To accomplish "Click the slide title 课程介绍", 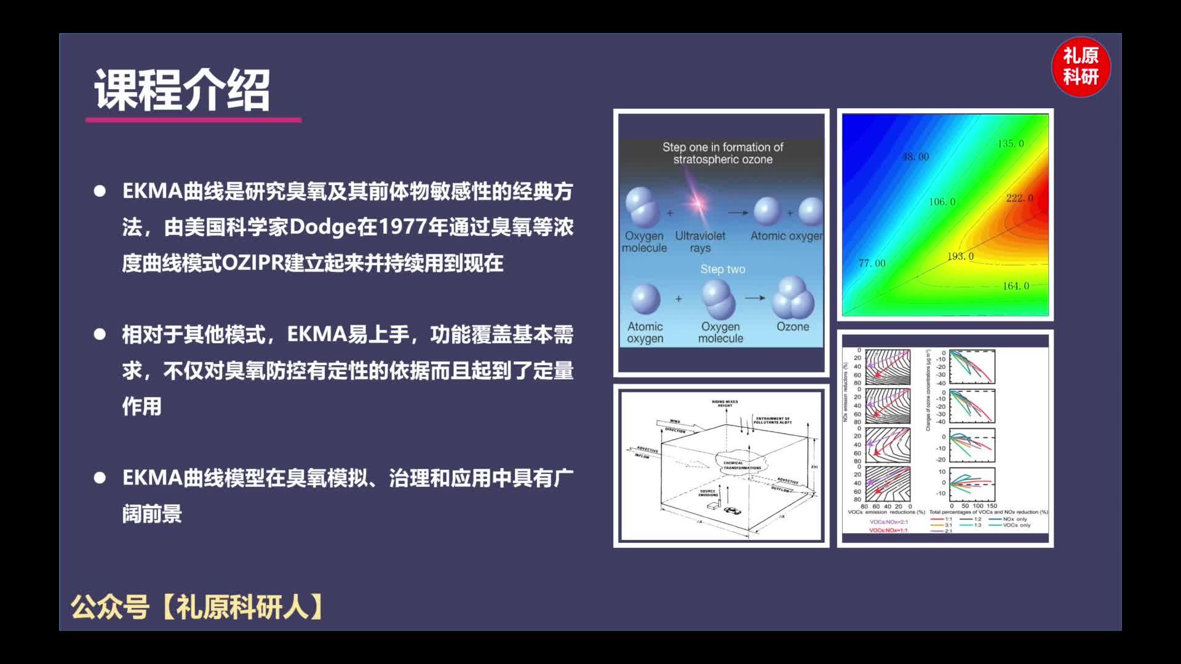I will (x=182, y=90).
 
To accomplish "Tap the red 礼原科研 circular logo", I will (x=1081, y=67).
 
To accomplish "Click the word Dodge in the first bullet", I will (x=323, y=227).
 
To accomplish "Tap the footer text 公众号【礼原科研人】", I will (x=197, y=607).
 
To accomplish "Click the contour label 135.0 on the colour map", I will (x=1011, y=143).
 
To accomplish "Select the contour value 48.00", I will (x=915, y=157).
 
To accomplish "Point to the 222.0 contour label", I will (x=1019, y=198).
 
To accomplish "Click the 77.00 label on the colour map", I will (x=872, y=263).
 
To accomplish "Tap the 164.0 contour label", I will (x=1016, y=286).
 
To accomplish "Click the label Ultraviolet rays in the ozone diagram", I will (x=700, y=242).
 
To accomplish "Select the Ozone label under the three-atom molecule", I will (x=792, y=326).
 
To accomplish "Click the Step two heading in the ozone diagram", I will (x=722, y=269).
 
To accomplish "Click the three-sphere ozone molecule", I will (x=792, y=298).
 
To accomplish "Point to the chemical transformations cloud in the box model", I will (x=741, y=462).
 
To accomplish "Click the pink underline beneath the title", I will (x=193, y=120).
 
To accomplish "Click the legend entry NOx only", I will (x=1014, y=519).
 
